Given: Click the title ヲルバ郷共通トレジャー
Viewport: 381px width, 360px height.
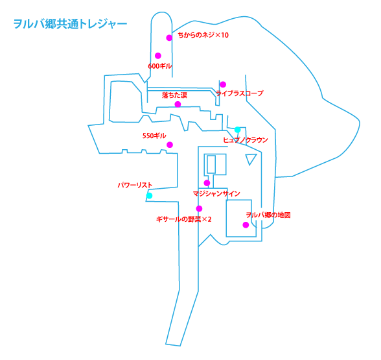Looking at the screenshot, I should pos(70,25).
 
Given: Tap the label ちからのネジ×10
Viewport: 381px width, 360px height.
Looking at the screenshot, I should pos(203,35).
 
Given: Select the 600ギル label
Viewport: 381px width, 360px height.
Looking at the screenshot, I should pos(161,66).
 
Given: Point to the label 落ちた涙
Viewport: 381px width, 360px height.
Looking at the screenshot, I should pos(174,95).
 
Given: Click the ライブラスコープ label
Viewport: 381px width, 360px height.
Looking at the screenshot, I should pos(240,93).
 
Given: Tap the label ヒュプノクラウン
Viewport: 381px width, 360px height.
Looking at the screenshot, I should pos(245,139).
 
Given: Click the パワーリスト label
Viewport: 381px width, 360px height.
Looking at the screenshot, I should pos(135,186).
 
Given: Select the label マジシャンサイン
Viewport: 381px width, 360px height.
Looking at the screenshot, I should pos(216,193).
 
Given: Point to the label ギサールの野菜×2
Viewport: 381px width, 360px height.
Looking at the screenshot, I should pos(184,219).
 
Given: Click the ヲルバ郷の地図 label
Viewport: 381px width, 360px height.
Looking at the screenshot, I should pos(268,215).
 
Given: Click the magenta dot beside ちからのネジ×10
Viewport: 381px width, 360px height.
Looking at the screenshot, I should pos(169,38).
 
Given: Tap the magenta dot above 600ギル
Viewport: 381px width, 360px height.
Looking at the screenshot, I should pos(157,56).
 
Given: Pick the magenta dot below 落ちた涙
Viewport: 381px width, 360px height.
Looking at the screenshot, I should pos(178,104).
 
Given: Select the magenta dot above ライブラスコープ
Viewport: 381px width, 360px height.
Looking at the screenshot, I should pos(222,84).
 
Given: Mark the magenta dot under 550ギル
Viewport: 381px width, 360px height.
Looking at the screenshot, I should pos(170,145).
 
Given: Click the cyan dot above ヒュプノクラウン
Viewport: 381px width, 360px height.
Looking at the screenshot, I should pos(238,130).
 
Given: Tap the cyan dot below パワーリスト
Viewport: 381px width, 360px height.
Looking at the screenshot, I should pos(150,195).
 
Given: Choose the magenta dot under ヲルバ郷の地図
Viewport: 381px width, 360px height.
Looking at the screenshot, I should pos(246,225).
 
